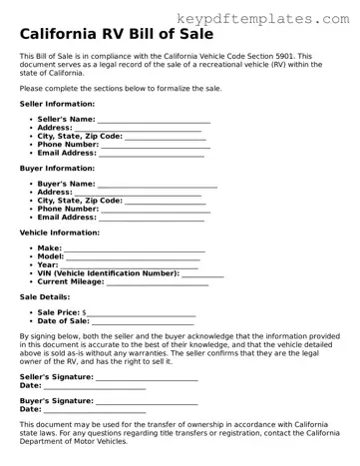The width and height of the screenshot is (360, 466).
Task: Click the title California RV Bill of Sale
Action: (122, 35)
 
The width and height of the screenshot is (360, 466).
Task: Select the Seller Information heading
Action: (58, 104)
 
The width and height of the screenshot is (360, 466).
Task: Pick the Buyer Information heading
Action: (57, 169)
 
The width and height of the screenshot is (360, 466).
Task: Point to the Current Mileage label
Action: (71, 282)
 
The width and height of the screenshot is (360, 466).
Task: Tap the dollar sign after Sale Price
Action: (84, 313)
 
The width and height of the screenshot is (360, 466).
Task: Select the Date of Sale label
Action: (64, 321)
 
